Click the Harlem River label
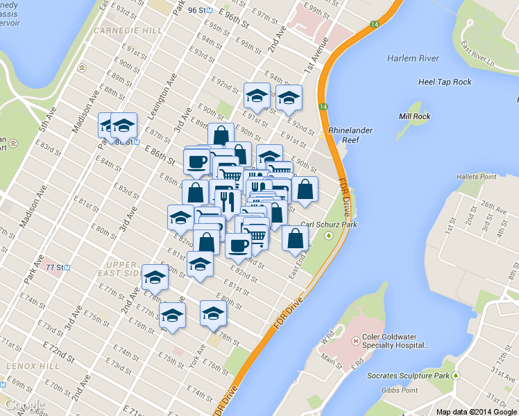tap(411, 58)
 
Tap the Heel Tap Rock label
tap(445, 82)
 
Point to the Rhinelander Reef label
tap(346, 135)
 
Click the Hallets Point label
tap(476, 177)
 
